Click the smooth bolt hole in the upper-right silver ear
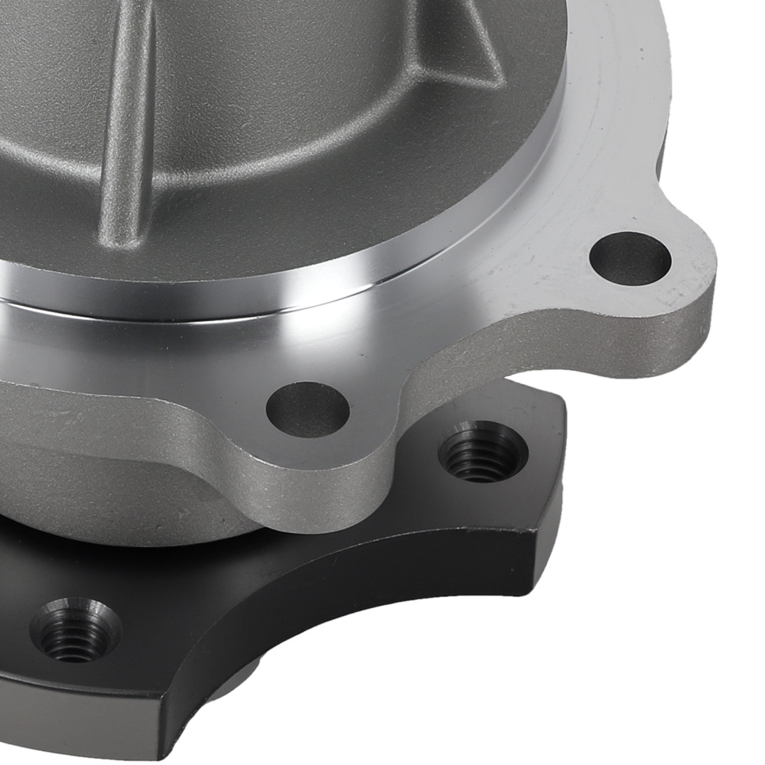pyautogui.click(x=630, y=259)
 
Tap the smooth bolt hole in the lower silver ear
pyautogui.click(x=308, y=407)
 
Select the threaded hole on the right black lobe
pyautogui.click(x=483, y=451)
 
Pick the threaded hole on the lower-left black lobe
pyautogui.click(x=75, y=630)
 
